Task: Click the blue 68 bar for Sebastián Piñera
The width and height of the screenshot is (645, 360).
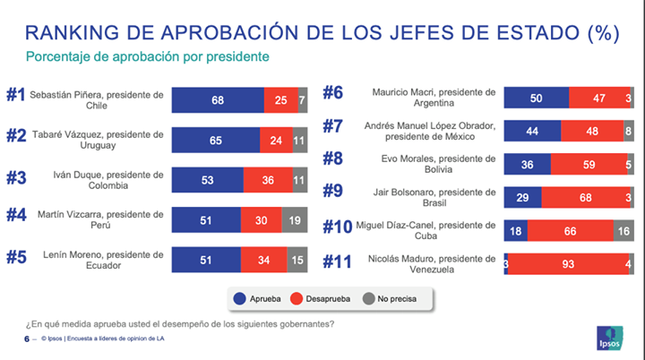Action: click(218, 100)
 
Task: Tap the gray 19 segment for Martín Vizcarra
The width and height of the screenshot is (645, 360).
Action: click(295, 219)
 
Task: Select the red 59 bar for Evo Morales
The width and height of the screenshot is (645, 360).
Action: click(589, 164)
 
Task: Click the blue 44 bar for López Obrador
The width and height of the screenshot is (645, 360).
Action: click(532, 131)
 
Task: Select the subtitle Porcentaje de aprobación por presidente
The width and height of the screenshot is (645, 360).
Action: click(148, 56)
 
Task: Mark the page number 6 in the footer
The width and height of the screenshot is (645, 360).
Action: click(25, 339)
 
